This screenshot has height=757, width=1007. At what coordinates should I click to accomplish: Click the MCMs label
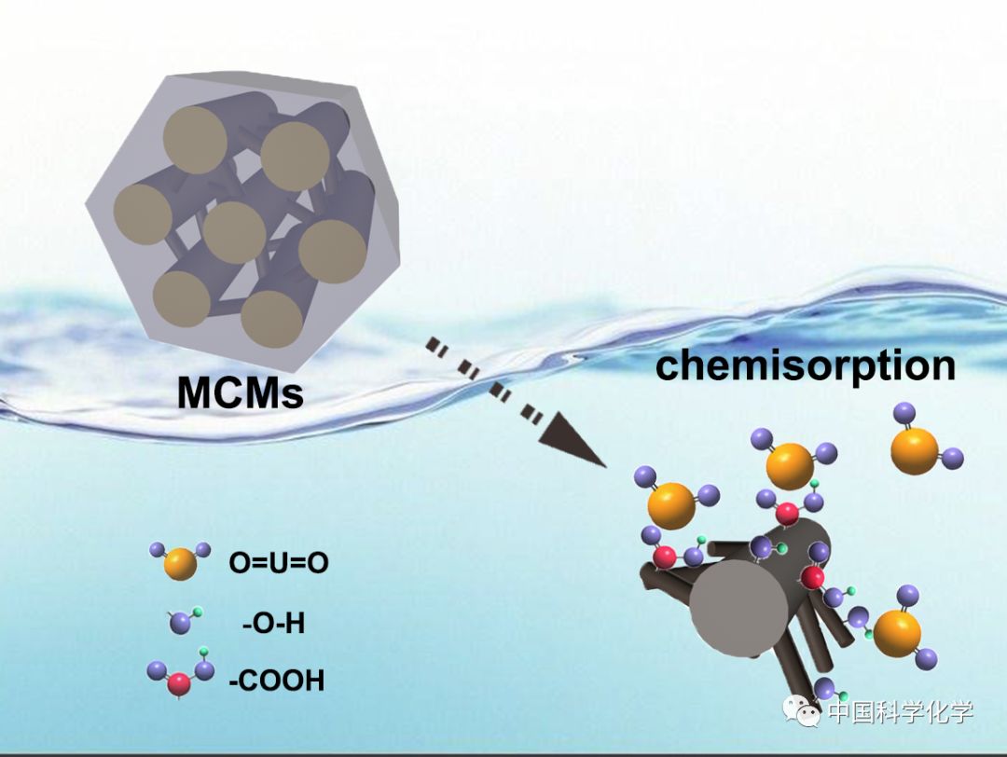click(x=241, y=392)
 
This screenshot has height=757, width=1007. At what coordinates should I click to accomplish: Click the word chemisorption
click(x=806, y=365)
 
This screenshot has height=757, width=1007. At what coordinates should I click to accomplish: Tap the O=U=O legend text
click(x=279, y=563)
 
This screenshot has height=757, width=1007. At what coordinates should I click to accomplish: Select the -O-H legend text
click(x=273, y=623)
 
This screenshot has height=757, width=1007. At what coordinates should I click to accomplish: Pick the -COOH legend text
click(x=277, y=681)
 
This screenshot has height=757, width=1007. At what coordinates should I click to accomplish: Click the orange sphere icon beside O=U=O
click(x=180, y=564)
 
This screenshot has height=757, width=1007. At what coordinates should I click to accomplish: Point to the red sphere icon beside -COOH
click(x=179, y=685)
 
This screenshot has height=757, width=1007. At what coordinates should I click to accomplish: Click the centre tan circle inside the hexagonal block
click(x=234, y=231)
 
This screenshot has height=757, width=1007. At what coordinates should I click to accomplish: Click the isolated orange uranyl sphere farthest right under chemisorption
click(x=914, y=450)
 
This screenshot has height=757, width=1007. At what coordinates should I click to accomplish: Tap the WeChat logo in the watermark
click(x=801, y=714)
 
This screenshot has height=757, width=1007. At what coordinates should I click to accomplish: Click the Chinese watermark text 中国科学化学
click(x=900, y=714)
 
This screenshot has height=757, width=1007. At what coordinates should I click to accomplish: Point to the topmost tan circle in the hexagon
click(x=195, y=140)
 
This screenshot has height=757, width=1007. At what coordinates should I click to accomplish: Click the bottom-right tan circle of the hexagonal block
click(x=272, y=319)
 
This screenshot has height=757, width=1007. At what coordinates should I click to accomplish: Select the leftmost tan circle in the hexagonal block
click(x=143, y=214)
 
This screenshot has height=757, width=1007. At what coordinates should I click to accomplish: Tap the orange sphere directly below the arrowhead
click(x=671, y=506)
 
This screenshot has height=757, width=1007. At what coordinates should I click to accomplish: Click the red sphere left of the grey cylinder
click(x=664, y=557)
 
